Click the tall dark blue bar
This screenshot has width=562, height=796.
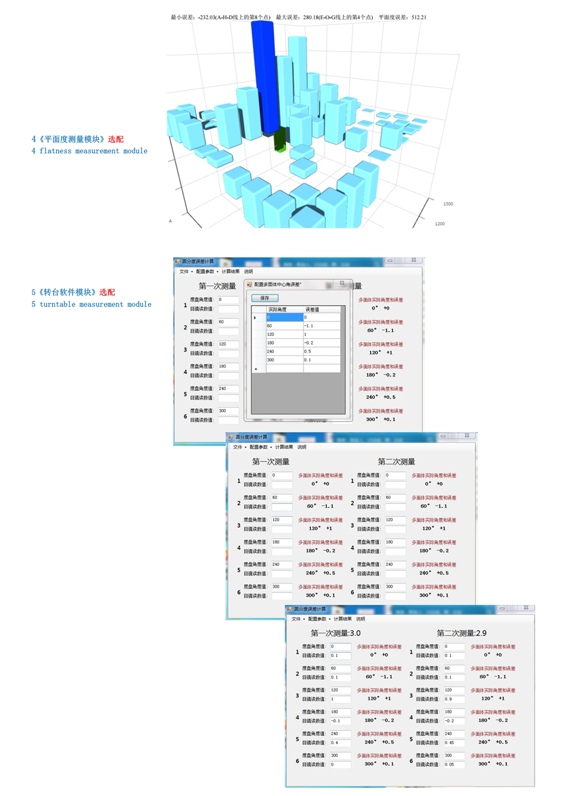264,75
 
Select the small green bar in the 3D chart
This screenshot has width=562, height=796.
280,141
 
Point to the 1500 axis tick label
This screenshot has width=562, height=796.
448,204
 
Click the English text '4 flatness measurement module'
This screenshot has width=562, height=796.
90,151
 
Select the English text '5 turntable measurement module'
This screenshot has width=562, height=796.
91,305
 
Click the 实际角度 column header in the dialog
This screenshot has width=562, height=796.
277,310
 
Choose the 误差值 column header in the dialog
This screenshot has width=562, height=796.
312,310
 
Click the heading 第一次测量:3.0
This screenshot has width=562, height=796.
335,633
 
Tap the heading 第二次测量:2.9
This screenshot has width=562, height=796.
461,633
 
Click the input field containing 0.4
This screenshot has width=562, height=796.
340,743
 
